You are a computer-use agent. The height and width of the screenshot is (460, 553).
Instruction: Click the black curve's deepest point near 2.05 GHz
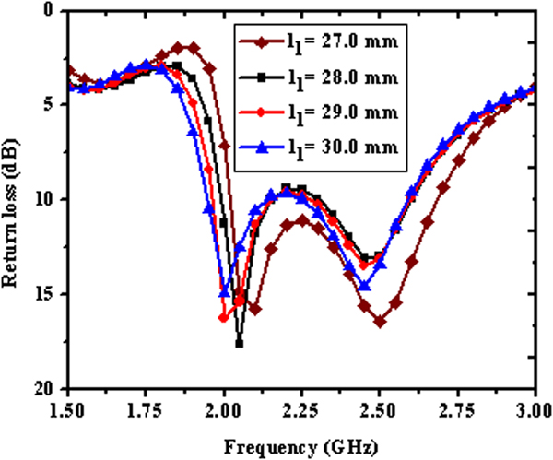(240, 343)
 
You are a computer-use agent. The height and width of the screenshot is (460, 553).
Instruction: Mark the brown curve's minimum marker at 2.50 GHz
(379, 322)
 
